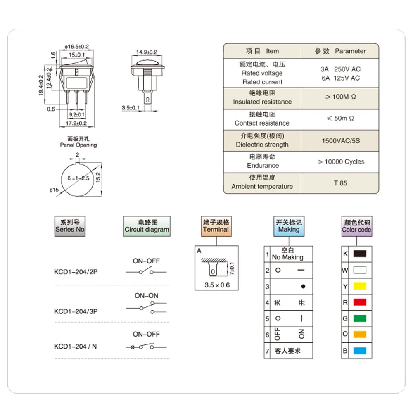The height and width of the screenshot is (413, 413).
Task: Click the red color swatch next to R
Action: coord(360,302)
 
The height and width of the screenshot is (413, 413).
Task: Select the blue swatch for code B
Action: coord(360,351)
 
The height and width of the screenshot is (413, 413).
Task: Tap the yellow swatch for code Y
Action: coord(360,286)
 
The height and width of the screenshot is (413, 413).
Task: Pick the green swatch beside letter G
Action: coord(360,318)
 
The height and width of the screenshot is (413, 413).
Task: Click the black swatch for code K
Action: coord(360,254)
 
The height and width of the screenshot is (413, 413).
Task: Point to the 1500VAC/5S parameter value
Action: coord(341,141)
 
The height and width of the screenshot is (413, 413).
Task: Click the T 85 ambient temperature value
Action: coord(340,183)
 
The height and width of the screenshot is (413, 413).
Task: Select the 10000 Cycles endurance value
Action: coord(341,162)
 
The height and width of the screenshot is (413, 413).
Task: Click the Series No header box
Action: coord(70,226)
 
